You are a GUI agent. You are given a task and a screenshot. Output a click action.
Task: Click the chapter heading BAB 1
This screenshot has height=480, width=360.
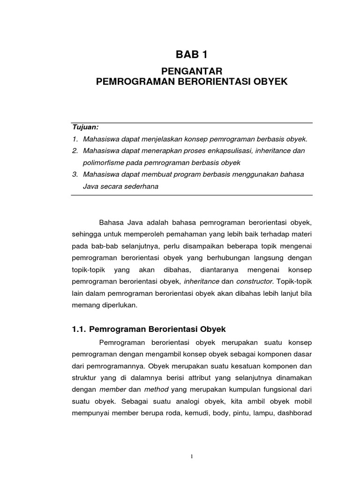pos(191,55)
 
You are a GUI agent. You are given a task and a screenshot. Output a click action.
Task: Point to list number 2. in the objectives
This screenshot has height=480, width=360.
pos(75,151)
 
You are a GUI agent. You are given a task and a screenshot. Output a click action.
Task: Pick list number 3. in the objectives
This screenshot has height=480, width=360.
pos(75,174)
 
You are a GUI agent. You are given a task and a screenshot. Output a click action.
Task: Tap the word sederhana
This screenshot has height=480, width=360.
pos(140,186)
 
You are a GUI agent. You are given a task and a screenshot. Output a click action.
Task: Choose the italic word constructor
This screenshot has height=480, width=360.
pos(255,282)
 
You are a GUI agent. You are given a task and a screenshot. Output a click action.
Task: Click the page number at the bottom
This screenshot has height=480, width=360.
pos(191,458)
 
